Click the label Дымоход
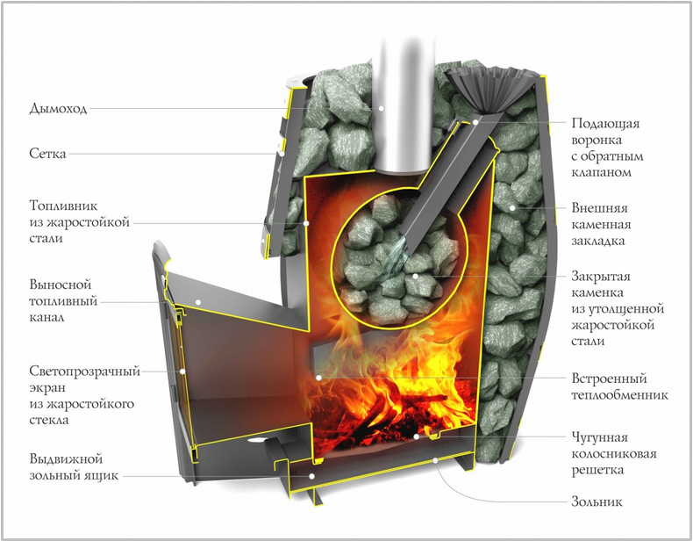[x=58, y=108]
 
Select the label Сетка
[x=47, y=154]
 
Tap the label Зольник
[x=597, y=501]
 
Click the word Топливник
[x=64, y=206]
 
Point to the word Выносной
[x=61, y=284]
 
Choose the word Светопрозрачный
[x=84, y=371]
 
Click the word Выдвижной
[x=66, y=458]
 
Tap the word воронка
[x=597, y=140]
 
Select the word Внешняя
[x=599, y=208]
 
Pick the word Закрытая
[x=601, y=277]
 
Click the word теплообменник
[x=619, y=394]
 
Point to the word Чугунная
[x=599, y=437]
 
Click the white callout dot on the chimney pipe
[x=381, y=108]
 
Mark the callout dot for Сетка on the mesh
[x=282, y=154]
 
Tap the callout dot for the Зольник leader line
[x=435, y=460]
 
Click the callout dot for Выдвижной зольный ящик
[x=311, y=476]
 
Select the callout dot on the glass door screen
[x=182, y=371]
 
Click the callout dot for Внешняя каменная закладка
[x=512, y=207]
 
